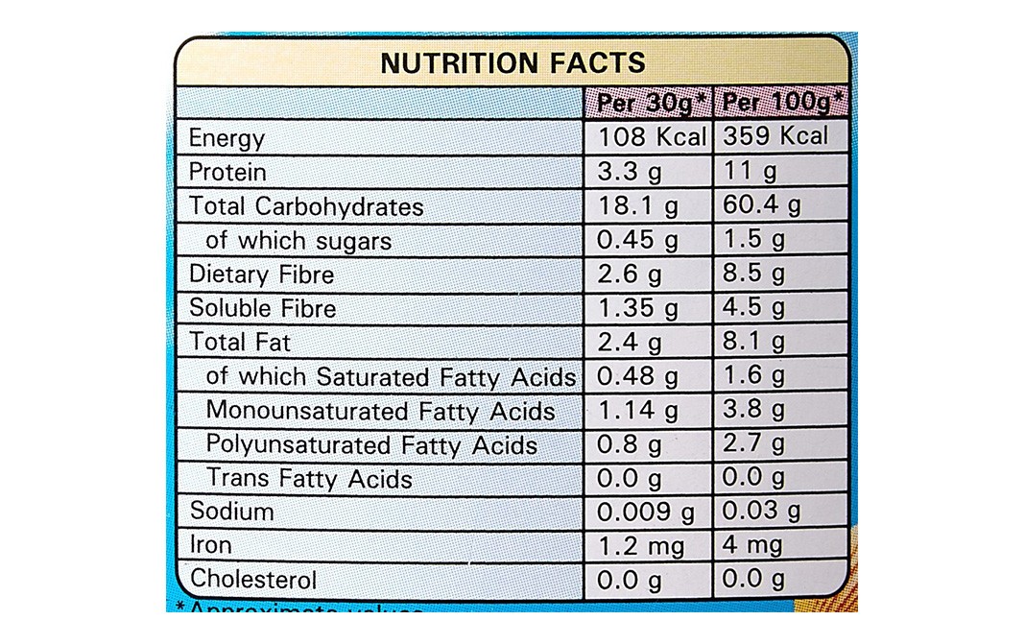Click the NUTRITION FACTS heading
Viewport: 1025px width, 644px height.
pos(512,63)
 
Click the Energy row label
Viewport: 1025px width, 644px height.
pos(226,138)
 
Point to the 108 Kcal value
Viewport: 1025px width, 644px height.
pos(652,136)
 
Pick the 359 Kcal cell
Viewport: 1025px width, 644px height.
pos(775,136)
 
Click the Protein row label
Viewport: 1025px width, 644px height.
pos(227,172)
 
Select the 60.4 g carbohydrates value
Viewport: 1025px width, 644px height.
pos(763,205)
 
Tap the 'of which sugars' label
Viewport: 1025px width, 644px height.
pos(298,240)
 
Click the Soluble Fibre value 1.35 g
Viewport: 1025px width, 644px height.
pos(637,308)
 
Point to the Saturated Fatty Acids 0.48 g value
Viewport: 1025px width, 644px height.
pos(637,376)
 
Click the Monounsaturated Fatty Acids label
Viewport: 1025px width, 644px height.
pos(381,411)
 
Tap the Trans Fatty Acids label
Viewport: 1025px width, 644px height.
pos(309,478)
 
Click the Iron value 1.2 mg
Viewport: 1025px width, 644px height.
pos(640,546)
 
